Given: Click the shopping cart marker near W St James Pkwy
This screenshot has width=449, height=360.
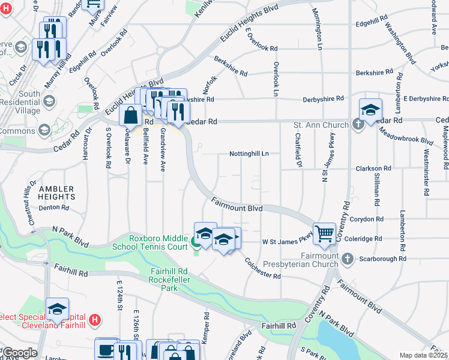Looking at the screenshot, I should tap(324, 233).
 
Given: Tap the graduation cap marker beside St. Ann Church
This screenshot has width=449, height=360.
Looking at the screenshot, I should tap(370, 110).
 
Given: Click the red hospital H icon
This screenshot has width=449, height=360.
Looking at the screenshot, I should tap(94, 320).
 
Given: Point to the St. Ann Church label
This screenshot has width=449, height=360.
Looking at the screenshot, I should tap(321, 125).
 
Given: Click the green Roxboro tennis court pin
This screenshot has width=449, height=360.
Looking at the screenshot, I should tap(196, 243).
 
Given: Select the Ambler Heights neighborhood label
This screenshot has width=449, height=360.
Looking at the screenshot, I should tap(57, 193).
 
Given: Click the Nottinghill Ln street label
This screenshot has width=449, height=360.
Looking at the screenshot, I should tap(249, 154).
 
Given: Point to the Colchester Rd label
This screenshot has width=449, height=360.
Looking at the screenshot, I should tap(263, 268).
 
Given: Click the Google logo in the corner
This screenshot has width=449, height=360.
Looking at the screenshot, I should tap(19, 353).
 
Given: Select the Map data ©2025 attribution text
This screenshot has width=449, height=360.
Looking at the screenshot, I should tap(423, 355).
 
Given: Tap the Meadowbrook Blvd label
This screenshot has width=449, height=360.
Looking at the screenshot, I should tap(410, 136).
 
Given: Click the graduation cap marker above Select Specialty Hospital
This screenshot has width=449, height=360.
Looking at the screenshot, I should tap(58, 309).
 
